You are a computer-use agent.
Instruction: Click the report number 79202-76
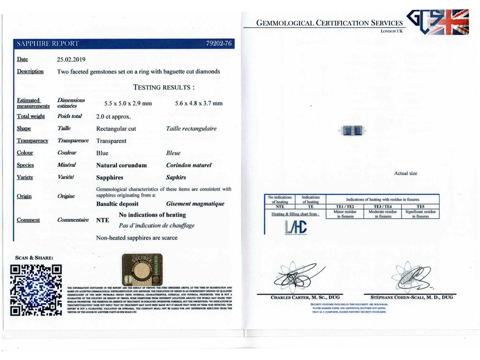coord(219,44)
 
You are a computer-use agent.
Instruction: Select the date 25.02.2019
coord(71,60)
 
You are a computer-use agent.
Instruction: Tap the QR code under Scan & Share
coord(36,290)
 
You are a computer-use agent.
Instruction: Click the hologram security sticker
coord(142,270)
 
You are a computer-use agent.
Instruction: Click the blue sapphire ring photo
coord(352,131)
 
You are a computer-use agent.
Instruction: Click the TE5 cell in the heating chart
coord(420,206)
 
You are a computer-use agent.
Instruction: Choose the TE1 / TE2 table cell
coord(345,206)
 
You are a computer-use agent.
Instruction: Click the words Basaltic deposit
coord(117,204)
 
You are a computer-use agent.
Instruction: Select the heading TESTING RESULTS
coord(164,87)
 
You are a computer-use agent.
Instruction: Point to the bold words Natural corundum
coord(121,165)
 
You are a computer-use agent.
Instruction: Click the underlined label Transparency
coord(32,141)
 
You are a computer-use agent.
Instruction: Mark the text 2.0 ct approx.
coord(113,116)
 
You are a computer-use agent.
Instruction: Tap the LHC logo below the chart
coord(296,227)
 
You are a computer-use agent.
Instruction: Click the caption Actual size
coord(405,173)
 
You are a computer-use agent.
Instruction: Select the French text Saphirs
coord(176,178)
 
